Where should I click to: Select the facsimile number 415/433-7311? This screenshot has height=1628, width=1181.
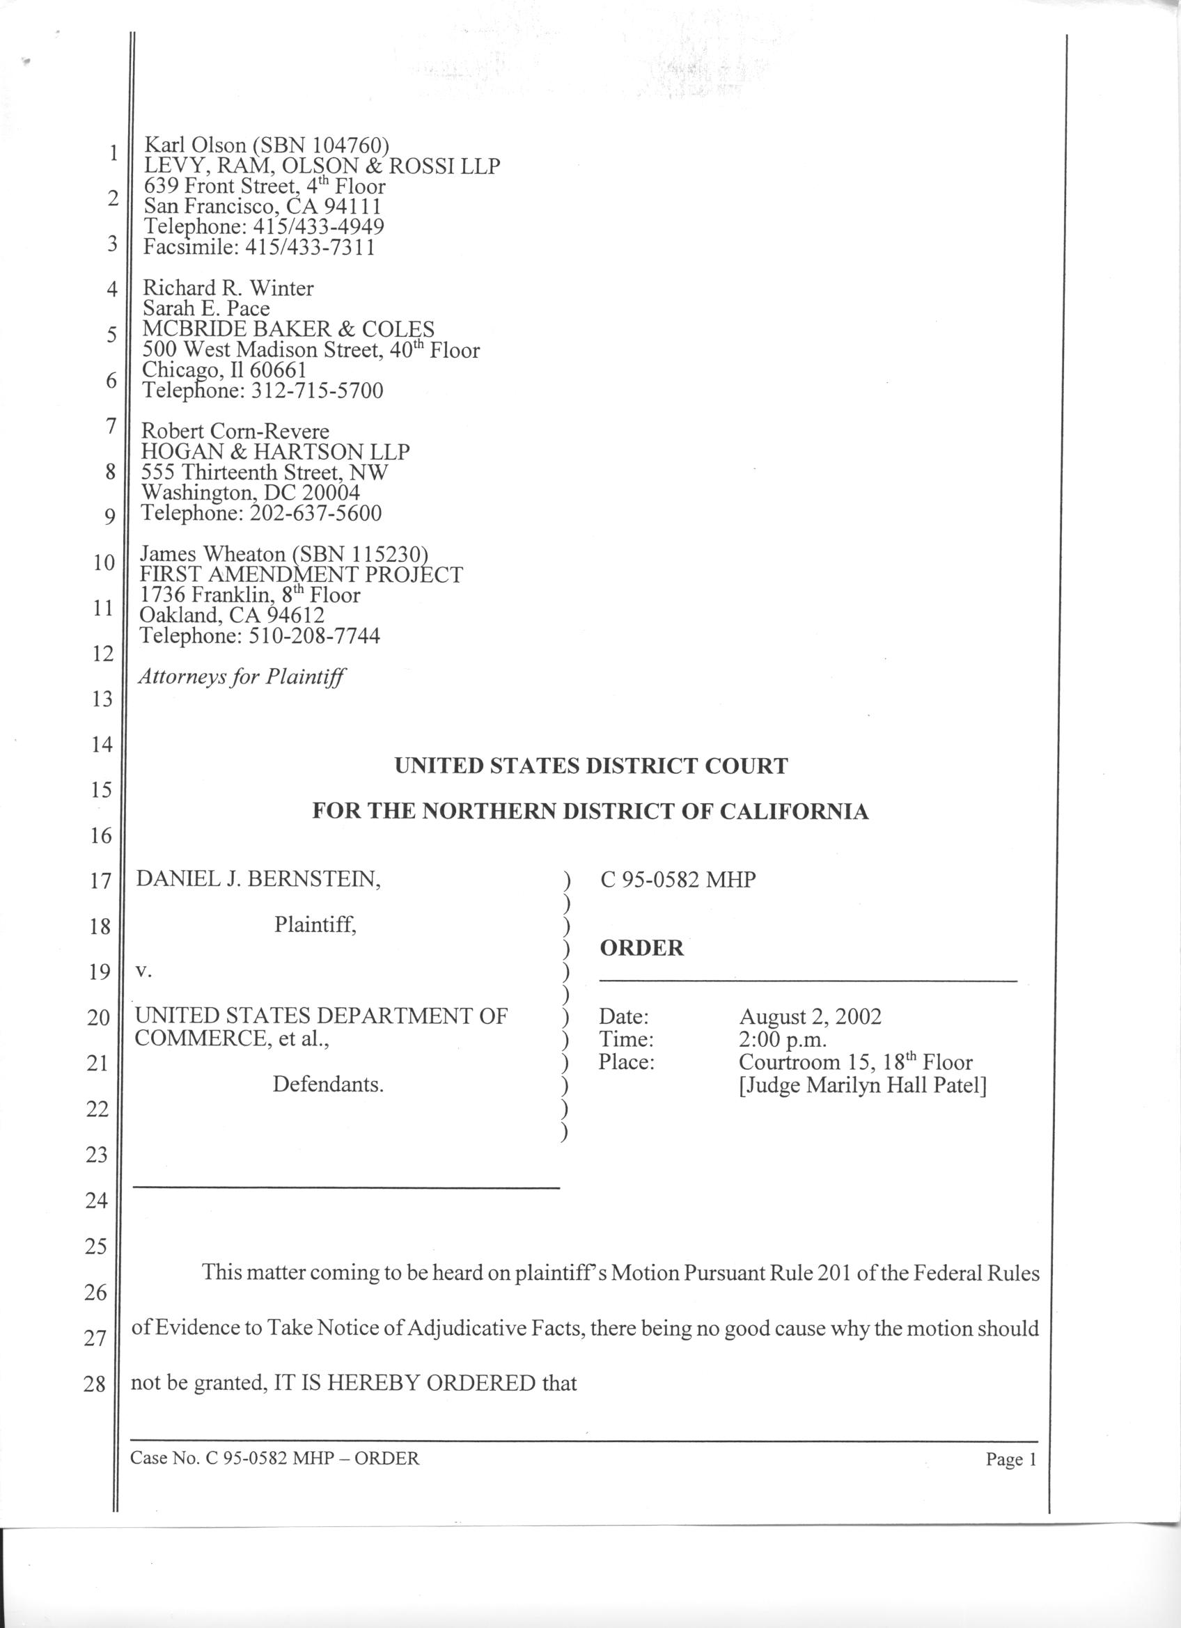click(309, 248)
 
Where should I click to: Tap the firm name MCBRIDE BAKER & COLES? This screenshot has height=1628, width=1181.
click(288, 329)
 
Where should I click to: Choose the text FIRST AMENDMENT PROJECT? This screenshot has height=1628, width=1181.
click(301, 574)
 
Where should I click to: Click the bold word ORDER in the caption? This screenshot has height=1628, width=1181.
click(641, 948)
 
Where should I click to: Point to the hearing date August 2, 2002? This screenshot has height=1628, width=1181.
click(810, 1016)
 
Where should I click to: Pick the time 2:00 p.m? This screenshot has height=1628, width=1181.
click(783, 1038)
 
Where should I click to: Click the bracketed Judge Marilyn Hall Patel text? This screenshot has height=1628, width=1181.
click(862, 1084)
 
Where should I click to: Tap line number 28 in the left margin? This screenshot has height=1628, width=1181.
click(95, 1383)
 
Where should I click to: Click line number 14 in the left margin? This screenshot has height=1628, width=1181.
click(101, 744)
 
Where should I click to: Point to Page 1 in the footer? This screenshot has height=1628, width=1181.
click(1011, 1460)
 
